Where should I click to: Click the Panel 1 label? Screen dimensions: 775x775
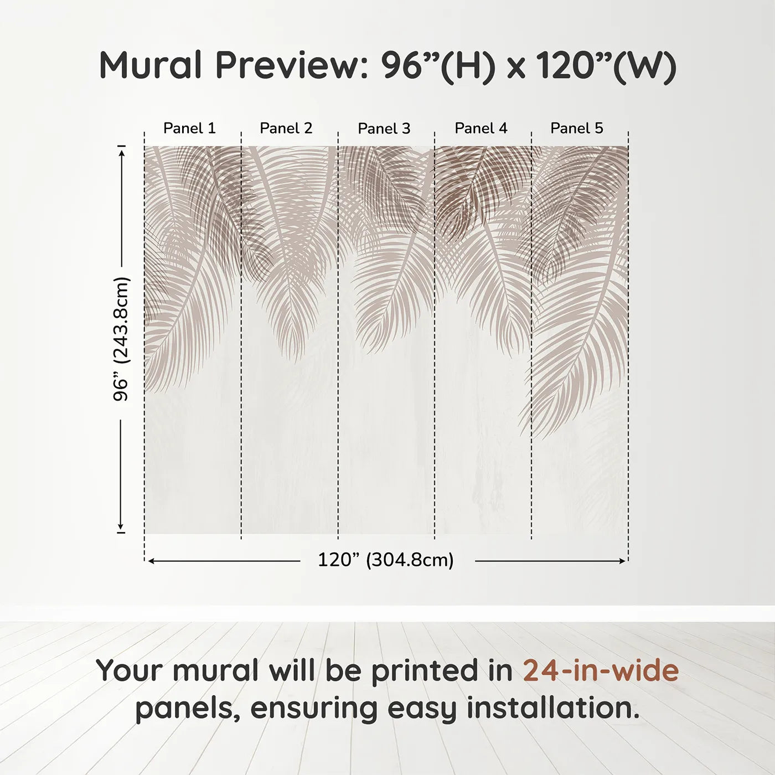coord(189,128)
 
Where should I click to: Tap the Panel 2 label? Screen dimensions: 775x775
coord(286,128)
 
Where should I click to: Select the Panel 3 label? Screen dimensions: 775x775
coord(384,129)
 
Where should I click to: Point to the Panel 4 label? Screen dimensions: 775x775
coord(481,128)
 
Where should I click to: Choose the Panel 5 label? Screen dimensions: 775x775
coord(577,128)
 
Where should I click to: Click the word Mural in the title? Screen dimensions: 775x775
coord(151,65)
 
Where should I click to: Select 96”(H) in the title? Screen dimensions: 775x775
coord(437,66)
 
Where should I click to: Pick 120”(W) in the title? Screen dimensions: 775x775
coord(606,66)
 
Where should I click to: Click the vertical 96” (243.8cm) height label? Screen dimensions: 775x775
coord(121,339)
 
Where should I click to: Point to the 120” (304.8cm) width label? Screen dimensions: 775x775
coord(386,560)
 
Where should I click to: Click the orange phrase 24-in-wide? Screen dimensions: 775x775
coord(601,671)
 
